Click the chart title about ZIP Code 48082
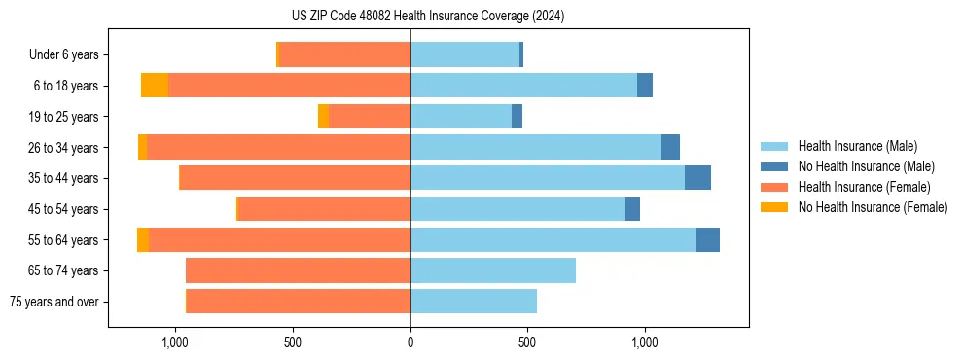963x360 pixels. pos(427,16)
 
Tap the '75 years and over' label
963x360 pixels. pos(53,302)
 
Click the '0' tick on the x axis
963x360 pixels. pos(410,342)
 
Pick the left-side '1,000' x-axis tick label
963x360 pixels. pos(175,342)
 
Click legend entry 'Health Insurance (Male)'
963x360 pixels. pos(857,146)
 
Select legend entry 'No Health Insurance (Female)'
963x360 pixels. pos(873,207)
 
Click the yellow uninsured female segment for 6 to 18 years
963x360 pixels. pos(155,86)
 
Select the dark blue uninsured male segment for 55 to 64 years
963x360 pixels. pos(708,239)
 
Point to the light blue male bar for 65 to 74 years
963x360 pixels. pos(493,270)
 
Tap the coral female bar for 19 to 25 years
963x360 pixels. pos(370,117)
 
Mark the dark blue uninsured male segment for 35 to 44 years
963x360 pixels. pos(697,178)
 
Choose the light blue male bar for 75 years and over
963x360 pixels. pos(474,302)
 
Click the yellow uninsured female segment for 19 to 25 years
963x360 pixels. pos(323,117)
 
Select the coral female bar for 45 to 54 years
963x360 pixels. pos(325,209)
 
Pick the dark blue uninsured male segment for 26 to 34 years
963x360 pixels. pos(670,147)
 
